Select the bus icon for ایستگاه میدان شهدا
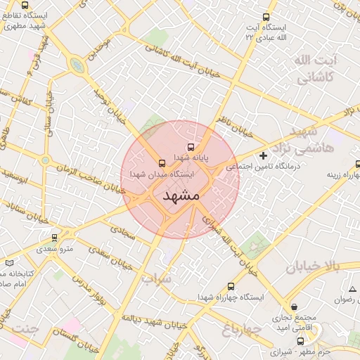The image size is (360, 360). [163, 162]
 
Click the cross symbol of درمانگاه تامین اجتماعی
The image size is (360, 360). [264, 155]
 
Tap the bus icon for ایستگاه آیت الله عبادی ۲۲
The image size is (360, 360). [265, 17]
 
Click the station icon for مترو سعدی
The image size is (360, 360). [55, 238]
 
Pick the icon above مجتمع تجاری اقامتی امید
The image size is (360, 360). [294, 307]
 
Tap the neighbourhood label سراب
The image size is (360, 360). [157, 278]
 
